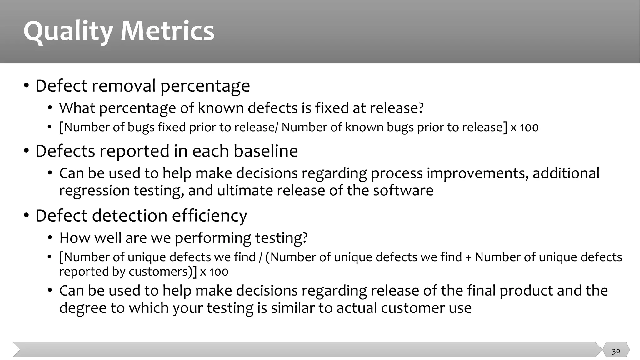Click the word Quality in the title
coord(68,31)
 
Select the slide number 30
coord(616,351)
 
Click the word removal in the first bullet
coord(124,86)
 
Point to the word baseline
coord(266,151)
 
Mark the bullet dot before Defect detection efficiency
coord(27,216)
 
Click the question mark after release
coord(421,108)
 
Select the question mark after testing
coord(305,238)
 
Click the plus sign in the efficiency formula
coord(468,257)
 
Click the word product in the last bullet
coord(526,291)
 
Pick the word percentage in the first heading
coord(205,87)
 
